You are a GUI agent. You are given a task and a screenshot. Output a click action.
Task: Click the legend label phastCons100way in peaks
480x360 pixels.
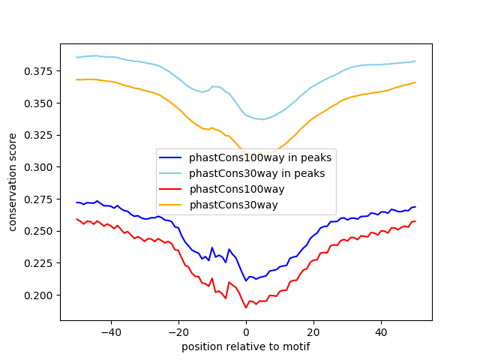[260, 157]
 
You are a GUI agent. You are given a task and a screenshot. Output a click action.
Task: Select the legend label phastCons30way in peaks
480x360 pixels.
[257, 173]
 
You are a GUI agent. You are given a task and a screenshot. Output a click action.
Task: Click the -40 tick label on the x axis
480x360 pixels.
[110, 331]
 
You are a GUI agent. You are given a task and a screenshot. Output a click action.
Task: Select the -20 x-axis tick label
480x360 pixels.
[178, 331]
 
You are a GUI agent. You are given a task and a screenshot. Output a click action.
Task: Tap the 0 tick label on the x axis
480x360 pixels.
[246, 331]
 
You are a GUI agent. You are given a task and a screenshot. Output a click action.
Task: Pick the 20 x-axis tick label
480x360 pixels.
[313, 331]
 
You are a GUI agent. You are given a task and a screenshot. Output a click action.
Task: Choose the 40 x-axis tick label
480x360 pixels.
[381, 331]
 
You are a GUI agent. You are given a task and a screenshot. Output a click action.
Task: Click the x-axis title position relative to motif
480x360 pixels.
[246, 346]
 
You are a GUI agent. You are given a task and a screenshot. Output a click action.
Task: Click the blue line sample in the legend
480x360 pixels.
[172, 157]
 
